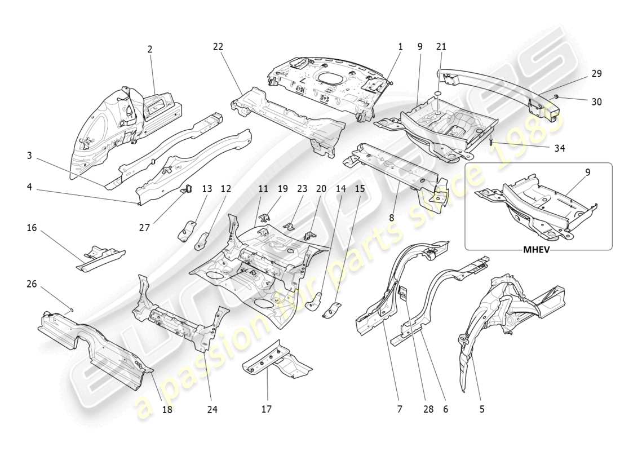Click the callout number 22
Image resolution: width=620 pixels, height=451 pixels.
tap(218, 47)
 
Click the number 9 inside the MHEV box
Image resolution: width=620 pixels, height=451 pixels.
tap(587, 173)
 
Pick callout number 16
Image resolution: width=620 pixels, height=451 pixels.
tap(32, 228)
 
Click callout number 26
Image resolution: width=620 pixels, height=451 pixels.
tap(32, 284)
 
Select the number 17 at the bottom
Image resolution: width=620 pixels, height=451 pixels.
tap(267, 409)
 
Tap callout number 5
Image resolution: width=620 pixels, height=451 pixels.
tap(481, 409)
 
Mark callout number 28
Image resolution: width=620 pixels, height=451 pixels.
tap(428, 409)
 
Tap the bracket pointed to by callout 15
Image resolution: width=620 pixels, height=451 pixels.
tap(333, 309)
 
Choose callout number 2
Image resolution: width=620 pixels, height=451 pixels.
tap(150, 49)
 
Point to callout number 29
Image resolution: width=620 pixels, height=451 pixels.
tap(596, 73)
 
